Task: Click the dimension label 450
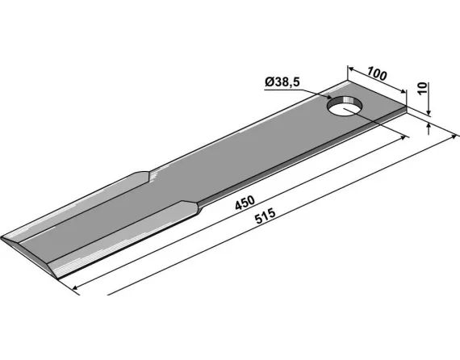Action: [x=245, y=203]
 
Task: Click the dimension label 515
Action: [x=266, y=216]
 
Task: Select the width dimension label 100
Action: [x=377, y=73]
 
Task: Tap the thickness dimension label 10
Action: [x=422, y=88]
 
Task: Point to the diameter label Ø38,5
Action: [x=282, y=82]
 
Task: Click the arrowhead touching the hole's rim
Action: [x=328, y=97]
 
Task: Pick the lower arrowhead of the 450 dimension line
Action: [x=76, y=287]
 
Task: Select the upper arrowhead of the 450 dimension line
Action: [x=405, y=137]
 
